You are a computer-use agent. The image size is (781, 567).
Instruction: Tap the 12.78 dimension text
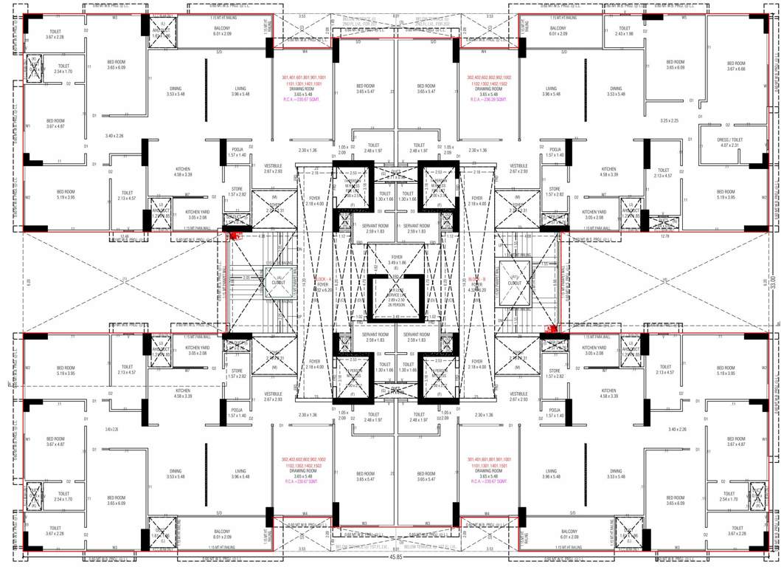(x=666, y=236)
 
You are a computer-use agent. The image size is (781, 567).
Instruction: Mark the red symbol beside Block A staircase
(x=235, y=236)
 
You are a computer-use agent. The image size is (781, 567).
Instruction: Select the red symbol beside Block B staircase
(x=549, y=329)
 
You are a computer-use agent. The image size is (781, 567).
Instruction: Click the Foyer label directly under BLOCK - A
(x=322, y=284)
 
